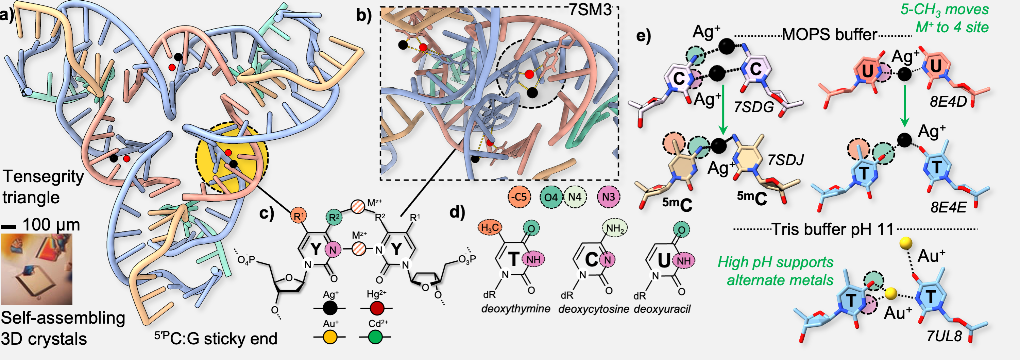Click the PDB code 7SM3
pos(590,10)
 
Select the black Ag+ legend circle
pos(330,308)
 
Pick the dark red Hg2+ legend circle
pos(376,308)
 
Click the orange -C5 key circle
pos(520,197)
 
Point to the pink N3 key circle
pos(609,197)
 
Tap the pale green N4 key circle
pos(574,197)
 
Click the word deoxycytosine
pos(594,309)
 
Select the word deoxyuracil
pos(662,309)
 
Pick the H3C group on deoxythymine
pos(490,228)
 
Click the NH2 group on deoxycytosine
pos(614,228)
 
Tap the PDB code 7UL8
pos(944,336)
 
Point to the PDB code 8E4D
pos(948,102)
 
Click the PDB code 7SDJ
pos(786,160)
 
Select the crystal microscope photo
pos(36,269)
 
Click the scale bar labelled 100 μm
pos(8,227)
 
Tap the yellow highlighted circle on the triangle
pos(232,157)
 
